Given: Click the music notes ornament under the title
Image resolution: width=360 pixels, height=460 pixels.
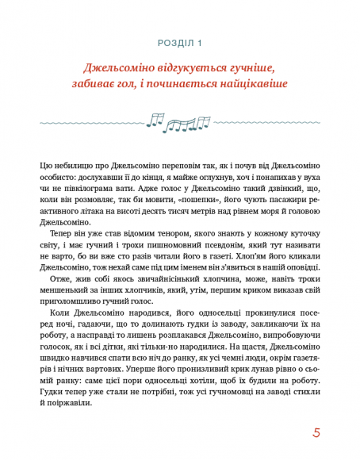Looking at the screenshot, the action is [179, 121].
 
